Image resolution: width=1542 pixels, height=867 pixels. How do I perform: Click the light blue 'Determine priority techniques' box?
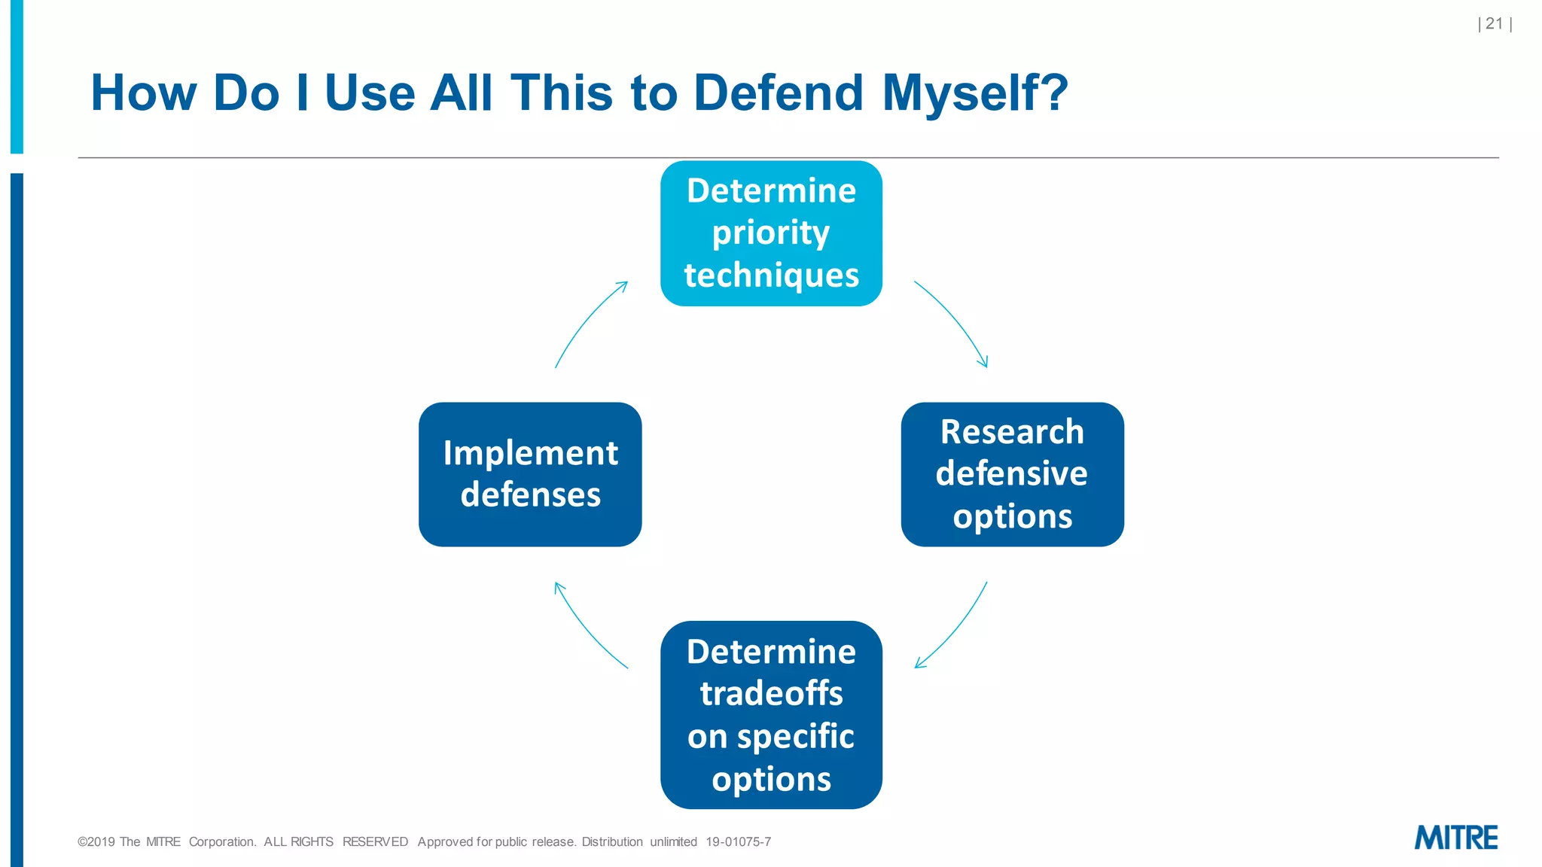[771, 233]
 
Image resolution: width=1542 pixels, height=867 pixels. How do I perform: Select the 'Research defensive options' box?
[1012, 474]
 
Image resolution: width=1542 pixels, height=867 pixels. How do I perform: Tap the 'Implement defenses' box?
[530, 474]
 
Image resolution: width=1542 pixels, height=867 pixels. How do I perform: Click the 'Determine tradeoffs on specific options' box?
[771, 715]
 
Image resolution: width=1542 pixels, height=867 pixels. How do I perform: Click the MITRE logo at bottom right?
[1455, 838]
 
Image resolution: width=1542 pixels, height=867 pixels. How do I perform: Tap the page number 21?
[1495, 24]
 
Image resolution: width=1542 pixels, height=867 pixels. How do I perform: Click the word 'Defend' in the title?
[778, 93]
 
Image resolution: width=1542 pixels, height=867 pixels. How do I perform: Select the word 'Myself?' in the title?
[975, 93]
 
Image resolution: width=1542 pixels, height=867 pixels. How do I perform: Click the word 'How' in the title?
[144, 93]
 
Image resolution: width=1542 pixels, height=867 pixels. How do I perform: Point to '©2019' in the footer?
[96, 842]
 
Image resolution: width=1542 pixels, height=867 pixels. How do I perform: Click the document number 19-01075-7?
[738, 842]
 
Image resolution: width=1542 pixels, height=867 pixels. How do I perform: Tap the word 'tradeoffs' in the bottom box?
[771, 694]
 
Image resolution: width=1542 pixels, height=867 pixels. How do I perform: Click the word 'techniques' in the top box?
[771, 275]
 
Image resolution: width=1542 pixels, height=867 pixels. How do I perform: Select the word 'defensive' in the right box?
[1012, 474]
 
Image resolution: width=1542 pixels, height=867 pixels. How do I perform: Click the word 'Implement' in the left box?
[530, 453]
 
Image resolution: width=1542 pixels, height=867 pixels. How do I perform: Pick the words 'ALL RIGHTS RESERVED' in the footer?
[336, 842]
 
